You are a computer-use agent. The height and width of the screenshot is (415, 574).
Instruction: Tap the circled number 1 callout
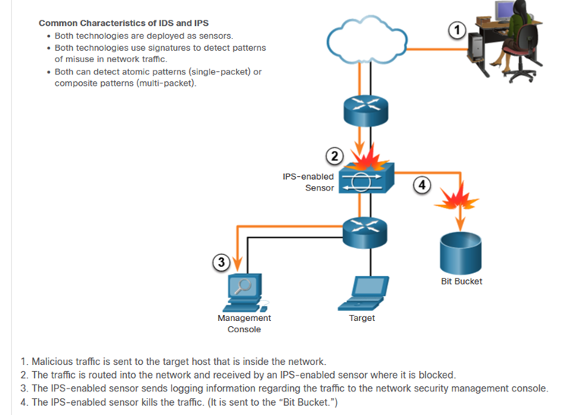pos(456,30)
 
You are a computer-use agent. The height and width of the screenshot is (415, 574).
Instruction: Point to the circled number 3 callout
pos(221,263)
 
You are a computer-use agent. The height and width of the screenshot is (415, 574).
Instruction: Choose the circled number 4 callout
pos(422,184)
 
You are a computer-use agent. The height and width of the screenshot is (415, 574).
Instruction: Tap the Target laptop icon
pos(364,292)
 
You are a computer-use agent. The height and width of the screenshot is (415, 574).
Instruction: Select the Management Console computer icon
pos(245,292)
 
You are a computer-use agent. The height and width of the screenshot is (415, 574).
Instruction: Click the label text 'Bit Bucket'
pos(461,281)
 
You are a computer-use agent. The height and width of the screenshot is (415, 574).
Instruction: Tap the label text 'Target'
pos(362,318)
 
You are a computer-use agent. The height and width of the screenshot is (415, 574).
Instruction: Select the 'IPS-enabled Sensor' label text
pos(308,182)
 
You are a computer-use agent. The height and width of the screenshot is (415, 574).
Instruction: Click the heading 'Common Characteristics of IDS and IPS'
pos(124,23)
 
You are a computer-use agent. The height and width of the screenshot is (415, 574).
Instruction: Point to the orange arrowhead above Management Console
pos(239,266)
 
